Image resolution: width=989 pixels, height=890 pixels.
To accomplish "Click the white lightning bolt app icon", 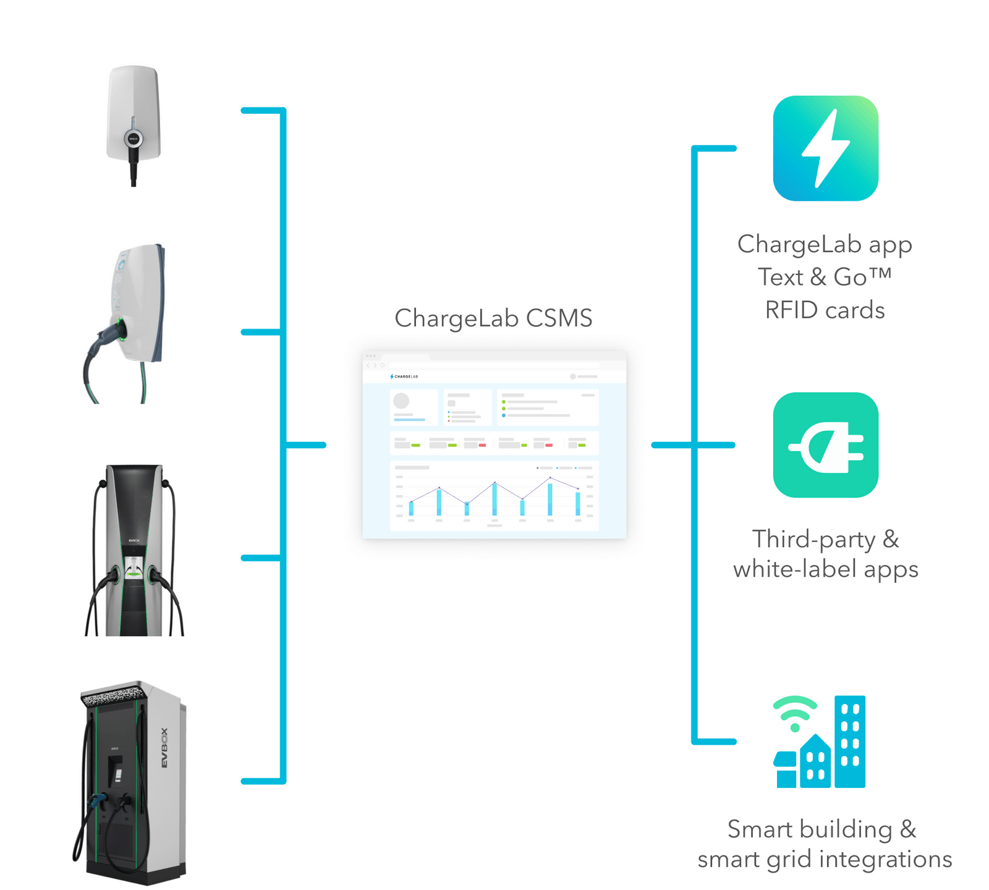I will pyautogui.click(x=826, y=148).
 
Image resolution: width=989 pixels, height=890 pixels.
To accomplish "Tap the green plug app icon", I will pyautogui.click(x=826, y=445).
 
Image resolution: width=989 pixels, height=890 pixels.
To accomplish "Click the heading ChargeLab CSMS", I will pyautogui.click(x=493, y=318).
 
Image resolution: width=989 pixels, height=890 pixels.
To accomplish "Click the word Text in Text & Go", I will pyautogui.click(x=780, y=277).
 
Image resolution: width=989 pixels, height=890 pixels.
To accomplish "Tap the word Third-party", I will pyautogui.click(x=813, y=540).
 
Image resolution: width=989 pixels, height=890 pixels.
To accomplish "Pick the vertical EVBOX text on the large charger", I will pyautogui.click(x=164, y=748).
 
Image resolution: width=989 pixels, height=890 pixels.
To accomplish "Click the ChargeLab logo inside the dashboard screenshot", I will pyautogui.click(x=404, y=376).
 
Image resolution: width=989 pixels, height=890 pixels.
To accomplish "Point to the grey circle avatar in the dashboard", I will pyautogui.click(x=401, y=400).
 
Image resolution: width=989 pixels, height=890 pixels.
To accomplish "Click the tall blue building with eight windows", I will pyautogui.click(x=850, y=741).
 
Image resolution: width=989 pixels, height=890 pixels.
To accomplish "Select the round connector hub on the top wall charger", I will pyautogui.click(x=134, y=138).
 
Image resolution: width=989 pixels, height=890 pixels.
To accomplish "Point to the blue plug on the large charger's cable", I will pyautogui.click(x=96, y=802).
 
